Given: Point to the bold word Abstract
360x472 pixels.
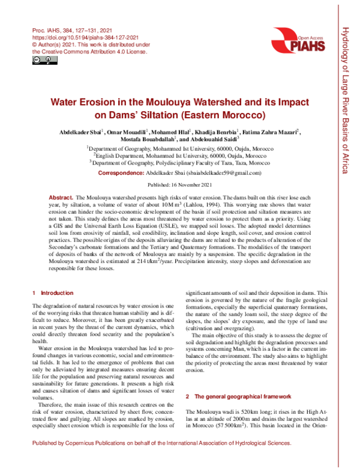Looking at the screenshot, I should [61, 198].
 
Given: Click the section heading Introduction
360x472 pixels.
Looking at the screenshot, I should [57, 293].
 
